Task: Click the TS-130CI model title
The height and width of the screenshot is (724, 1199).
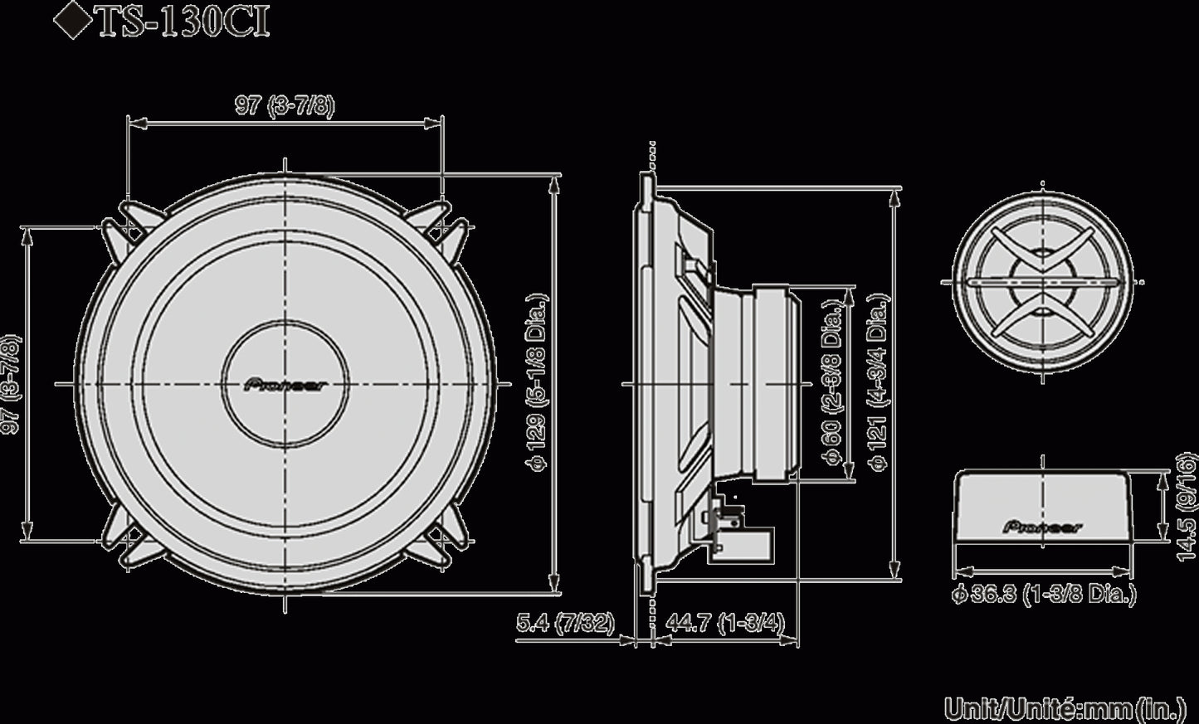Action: pyautogui.click(x=183, y=23)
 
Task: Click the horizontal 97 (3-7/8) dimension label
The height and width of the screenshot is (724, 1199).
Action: pyautogui.click(x=285, y=107)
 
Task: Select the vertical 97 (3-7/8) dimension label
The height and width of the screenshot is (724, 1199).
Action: pyautogui.click(x=9, y=383)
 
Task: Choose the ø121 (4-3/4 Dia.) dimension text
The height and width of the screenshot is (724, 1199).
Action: pyautogui.click(x=879, y=384)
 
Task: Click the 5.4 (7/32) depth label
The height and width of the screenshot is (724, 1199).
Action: pyautogui.click(x=565, y=623)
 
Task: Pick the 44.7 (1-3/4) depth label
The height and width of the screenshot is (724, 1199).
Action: pyautogui.click(x=724, y=623)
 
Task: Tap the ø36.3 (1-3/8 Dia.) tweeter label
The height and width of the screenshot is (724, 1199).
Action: pyautogui.click(x=1044, y=594)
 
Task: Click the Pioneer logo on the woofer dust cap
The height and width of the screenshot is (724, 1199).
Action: pyautogui.click(x=285, y=384)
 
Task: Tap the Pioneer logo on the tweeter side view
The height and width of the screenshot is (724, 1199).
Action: pyautogui.click(x=1044, y=526)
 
